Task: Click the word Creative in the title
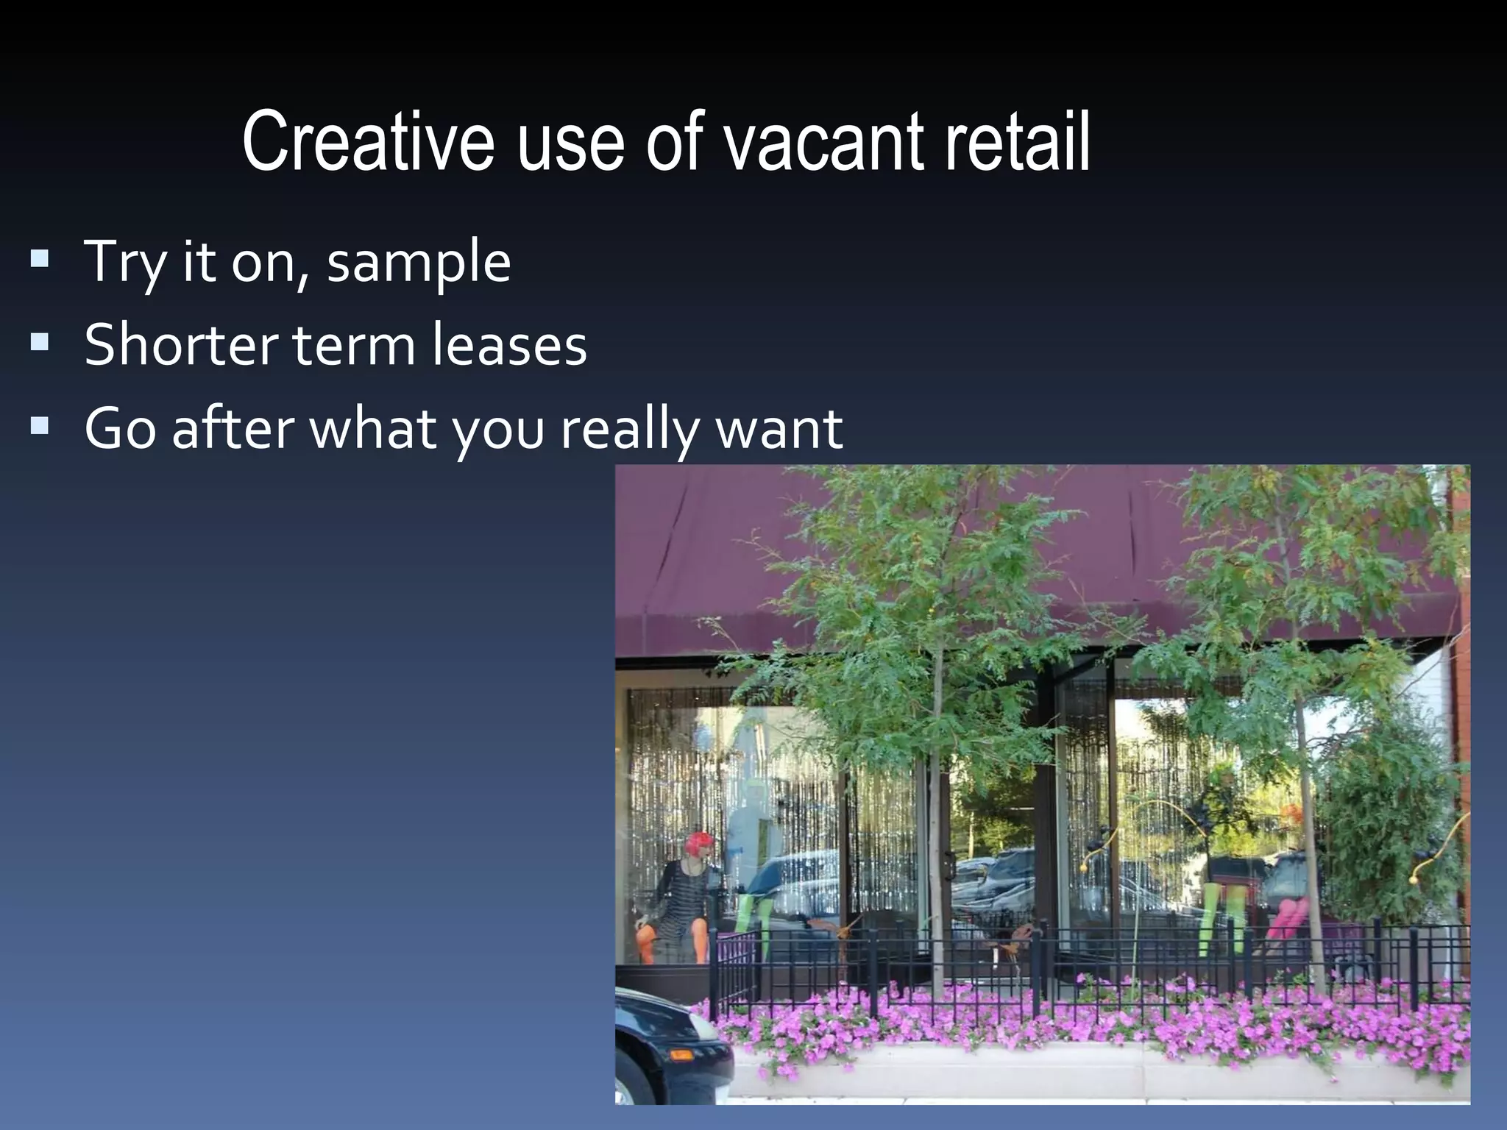[368, 141]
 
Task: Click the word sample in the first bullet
[419, 263]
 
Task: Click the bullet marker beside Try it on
[40, 259]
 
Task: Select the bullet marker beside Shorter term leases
[40, 342]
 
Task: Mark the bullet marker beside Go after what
[40, 426]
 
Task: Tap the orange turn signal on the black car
[681, 1054]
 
